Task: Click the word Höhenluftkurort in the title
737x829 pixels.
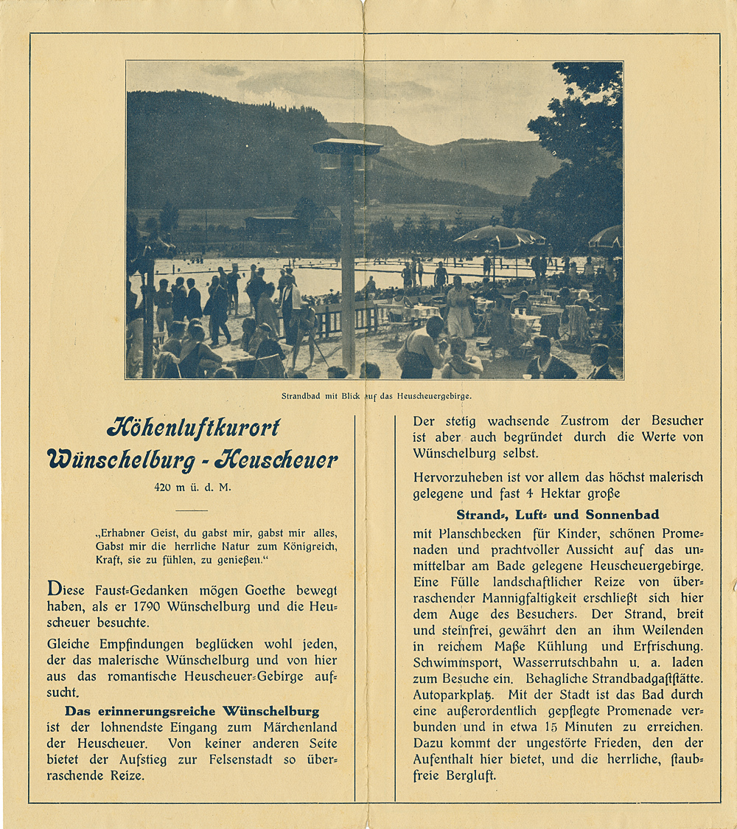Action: coord(194,427)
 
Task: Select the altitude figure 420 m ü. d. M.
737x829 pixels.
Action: coord(192,488)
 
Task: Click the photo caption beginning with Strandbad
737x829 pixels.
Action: coord(376,396)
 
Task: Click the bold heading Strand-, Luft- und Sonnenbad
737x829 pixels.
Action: coord(557,514)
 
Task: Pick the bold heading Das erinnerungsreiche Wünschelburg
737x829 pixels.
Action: coord(192,711)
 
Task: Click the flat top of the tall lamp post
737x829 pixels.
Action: coord(347,146)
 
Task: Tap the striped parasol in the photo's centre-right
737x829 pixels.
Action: coord(499,237)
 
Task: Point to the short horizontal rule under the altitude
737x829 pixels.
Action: coord(192,510)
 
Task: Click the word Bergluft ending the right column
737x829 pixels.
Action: coord(471,776)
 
